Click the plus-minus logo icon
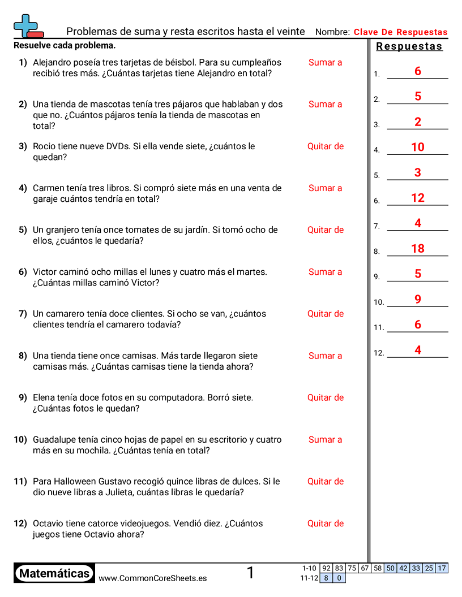click(27, 27)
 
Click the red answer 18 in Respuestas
click(418, 248)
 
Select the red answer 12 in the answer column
click(418, 197)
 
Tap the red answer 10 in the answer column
click(418, 147)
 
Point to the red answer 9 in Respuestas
click(418, 299)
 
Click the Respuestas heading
click(409, 46)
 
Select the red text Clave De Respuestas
click(400, 32)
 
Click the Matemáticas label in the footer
click(54, 574)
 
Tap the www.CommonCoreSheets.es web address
click(152, 578)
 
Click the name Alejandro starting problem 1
click(54, 62)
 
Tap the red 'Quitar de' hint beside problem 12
click(326, 524)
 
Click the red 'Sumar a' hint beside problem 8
click(326, 356)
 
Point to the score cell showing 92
click(326, 568)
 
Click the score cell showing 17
click(442, 568)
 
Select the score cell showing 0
click(339, 578)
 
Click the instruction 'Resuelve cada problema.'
click(65, 45)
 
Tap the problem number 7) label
click(23, 314)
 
